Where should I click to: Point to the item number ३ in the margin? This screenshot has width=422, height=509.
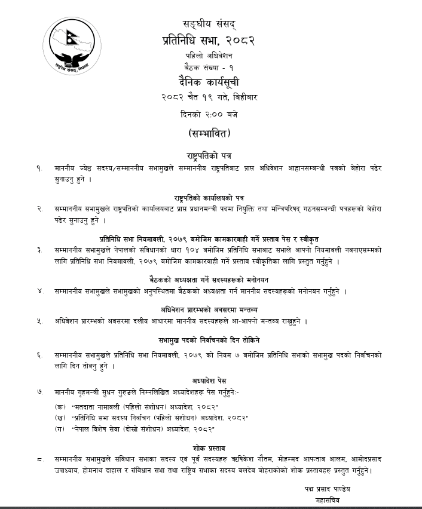[x=39, y=250]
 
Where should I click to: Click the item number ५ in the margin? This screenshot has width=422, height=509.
[x=39, y=321]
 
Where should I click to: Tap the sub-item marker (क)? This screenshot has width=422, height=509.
[x=60, y=406]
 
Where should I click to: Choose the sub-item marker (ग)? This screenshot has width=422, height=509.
[x=60, y=429]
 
